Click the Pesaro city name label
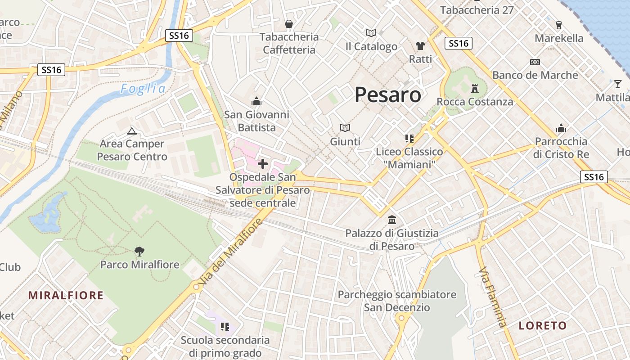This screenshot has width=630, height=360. coord(388,95)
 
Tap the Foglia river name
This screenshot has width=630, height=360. coord(143,89)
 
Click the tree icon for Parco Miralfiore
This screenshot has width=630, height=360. coord(139,252)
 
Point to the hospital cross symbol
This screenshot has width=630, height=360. coord(263,164)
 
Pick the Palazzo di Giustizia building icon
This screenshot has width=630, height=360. coord(392,220)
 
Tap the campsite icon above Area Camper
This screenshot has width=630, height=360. coord(131,131)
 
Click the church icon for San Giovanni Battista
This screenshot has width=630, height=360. coord(256,101)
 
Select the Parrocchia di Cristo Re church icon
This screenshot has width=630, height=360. coord(561,129)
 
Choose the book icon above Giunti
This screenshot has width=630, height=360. coord(345,128)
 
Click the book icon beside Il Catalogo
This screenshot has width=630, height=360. coord(371,33)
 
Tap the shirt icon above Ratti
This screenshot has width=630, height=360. coord(420,46)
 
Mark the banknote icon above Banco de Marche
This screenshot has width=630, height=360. coord(535,62)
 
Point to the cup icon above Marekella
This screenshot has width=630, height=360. coord(559,25)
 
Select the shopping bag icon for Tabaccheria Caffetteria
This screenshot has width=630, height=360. coord(289,23)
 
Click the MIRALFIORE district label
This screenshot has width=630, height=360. coord(66,296)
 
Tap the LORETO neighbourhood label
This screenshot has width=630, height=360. coord(543,325)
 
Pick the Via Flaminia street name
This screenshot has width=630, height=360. coord(493,297)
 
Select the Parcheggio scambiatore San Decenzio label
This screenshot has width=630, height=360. coord(397,301)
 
